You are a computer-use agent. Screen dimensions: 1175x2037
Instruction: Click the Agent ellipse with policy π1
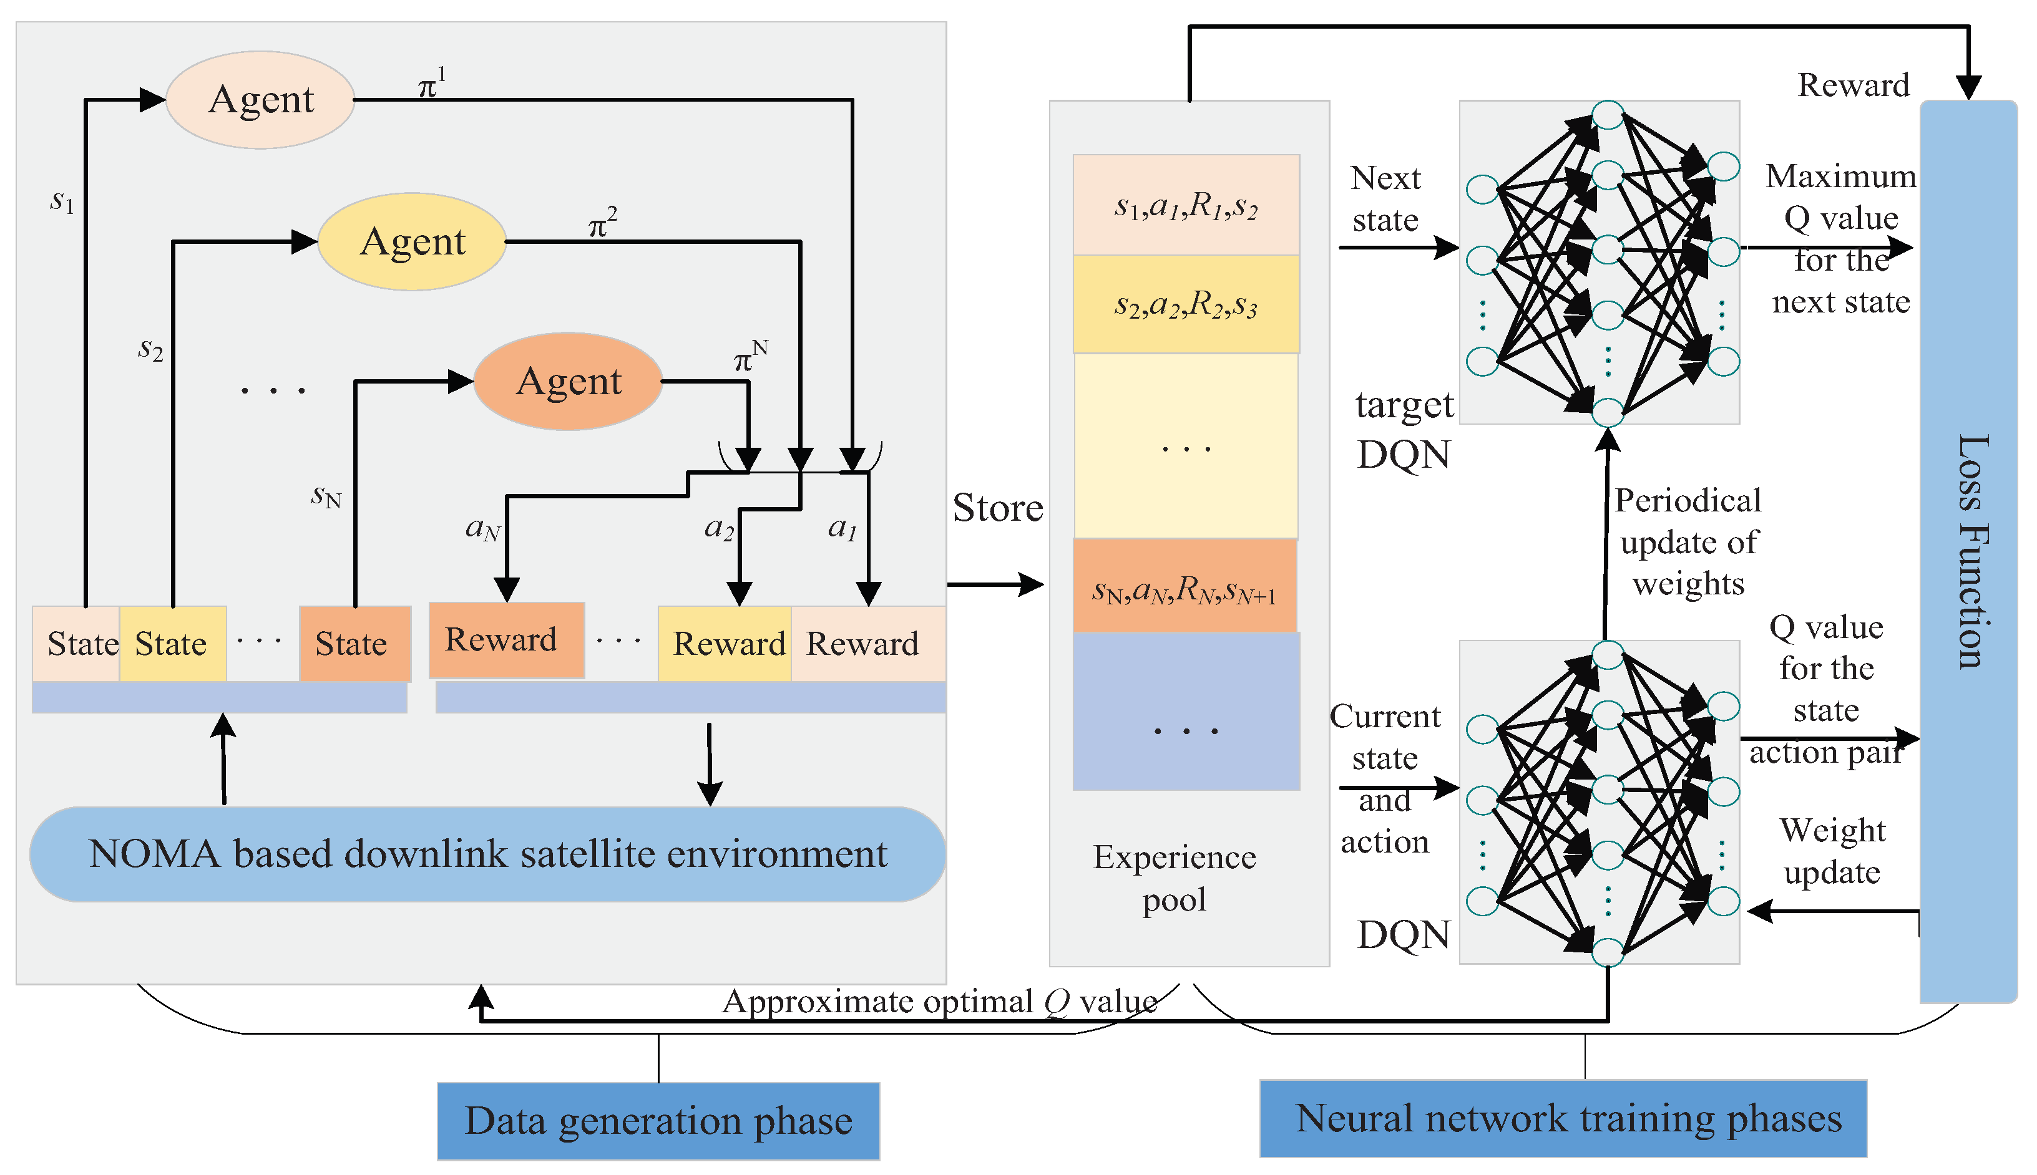point(260,100)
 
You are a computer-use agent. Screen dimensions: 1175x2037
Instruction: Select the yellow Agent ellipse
point(412,241)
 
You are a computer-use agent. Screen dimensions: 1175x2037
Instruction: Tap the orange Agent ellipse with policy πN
point(569,381)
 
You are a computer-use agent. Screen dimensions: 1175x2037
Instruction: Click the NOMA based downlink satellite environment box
point(487,854)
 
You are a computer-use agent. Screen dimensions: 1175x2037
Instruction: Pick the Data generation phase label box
point(658,1121)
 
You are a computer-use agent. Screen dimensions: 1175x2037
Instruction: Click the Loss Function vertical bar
point(1968,551)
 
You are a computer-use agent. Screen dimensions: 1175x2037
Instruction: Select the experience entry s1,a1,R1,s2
point(1185,206)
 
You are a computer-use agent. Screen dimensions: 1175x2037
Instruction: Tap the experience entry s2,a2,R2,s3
point(1185,305)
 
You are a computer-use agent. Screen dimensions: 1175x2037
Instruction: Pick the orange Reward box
point(506,640)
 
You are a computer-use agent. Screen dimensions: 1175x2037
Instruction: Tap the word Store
point(997,508)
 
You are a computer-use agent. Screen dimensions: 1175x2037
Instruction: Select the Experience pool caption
point(1174,878)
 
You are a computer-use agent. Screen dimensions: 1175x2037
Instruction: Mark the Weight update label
point(1832,851)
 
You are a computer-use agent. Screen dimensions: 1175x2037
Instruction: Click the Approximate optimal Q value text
point(939,1002)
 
